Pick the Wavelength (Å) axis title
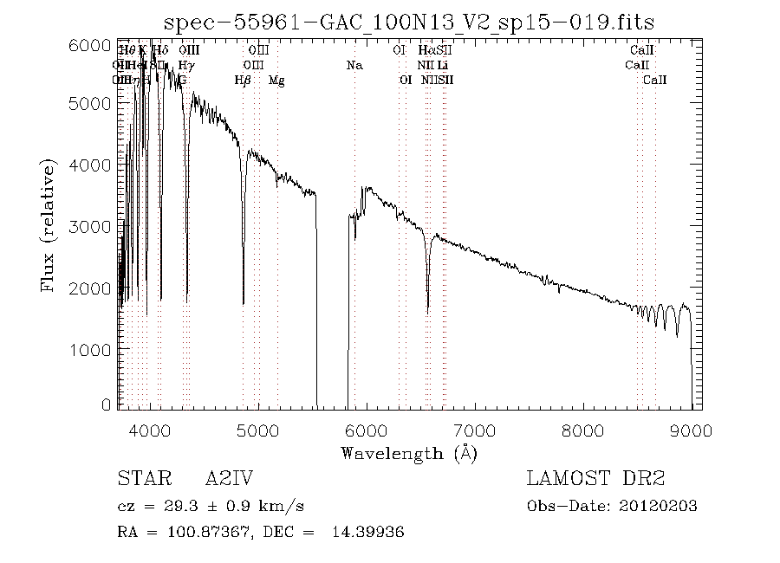(x=409, y=452)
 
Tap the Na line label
(x=354, y=66)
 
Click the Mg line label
(x=276, y=81)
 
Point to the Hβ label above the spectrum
(x=243, y=81)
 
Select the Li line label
(x=443, y=66)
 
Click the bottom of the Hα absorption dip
(x=427, y=310)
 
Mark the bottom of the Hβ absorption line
(x=244, y=302)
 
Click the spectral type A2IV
(x=229, y=479)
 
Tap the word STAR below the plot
(x=139, y=479)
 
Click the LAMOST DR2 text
(x=595, y=479)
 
